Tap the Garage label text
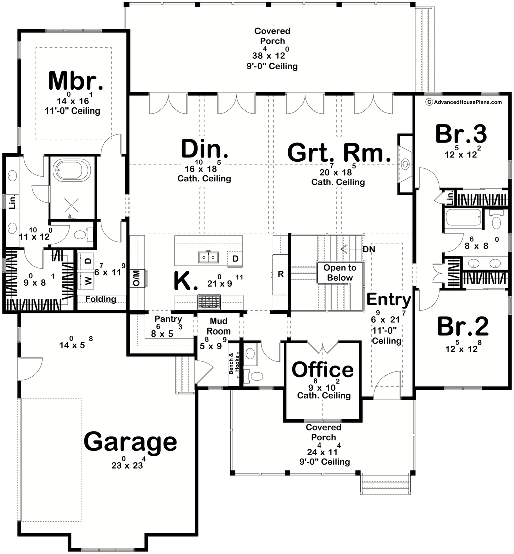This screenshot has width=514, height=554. click(x=130, y=442)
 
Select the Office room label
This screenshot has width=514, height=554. click(x=323, y=370)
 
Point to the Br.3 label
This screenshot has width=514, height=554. click(x=461, y=134)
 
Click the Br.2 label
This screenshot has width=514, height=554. click(x=462, y=326)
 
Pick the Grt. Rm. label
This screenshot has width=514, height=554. click(x=339, y=152)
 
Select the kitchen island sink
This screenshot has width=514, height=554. click(x=208, y=257)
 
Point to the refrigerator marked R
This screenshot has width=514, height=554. click(x=281, y=274)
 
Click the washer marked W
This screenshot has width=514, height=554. click(x=88, y=281)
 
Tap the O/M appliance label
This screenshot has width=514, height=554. click(x=136, y=277)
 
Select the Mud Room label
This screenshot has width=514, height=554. click(x=220, y=326)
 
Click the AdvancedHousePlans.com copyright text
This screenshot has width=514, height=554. click(x=463, y=102)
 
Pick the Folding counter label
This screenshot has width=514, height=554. click(x=100, y=299)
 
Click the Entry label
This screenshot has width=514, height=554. click(x=389, y=300)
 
